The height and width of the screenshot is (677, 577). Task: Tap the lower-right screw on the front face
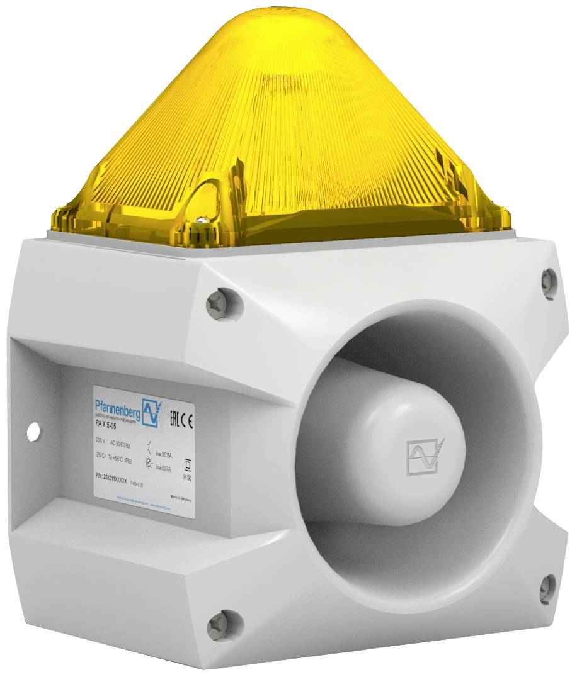pos(547,588)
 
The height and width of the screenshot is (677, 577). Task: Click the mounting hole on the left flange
pos(33,431)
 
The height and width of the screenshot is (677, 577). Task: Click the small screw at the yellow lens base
pos(200,221)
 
